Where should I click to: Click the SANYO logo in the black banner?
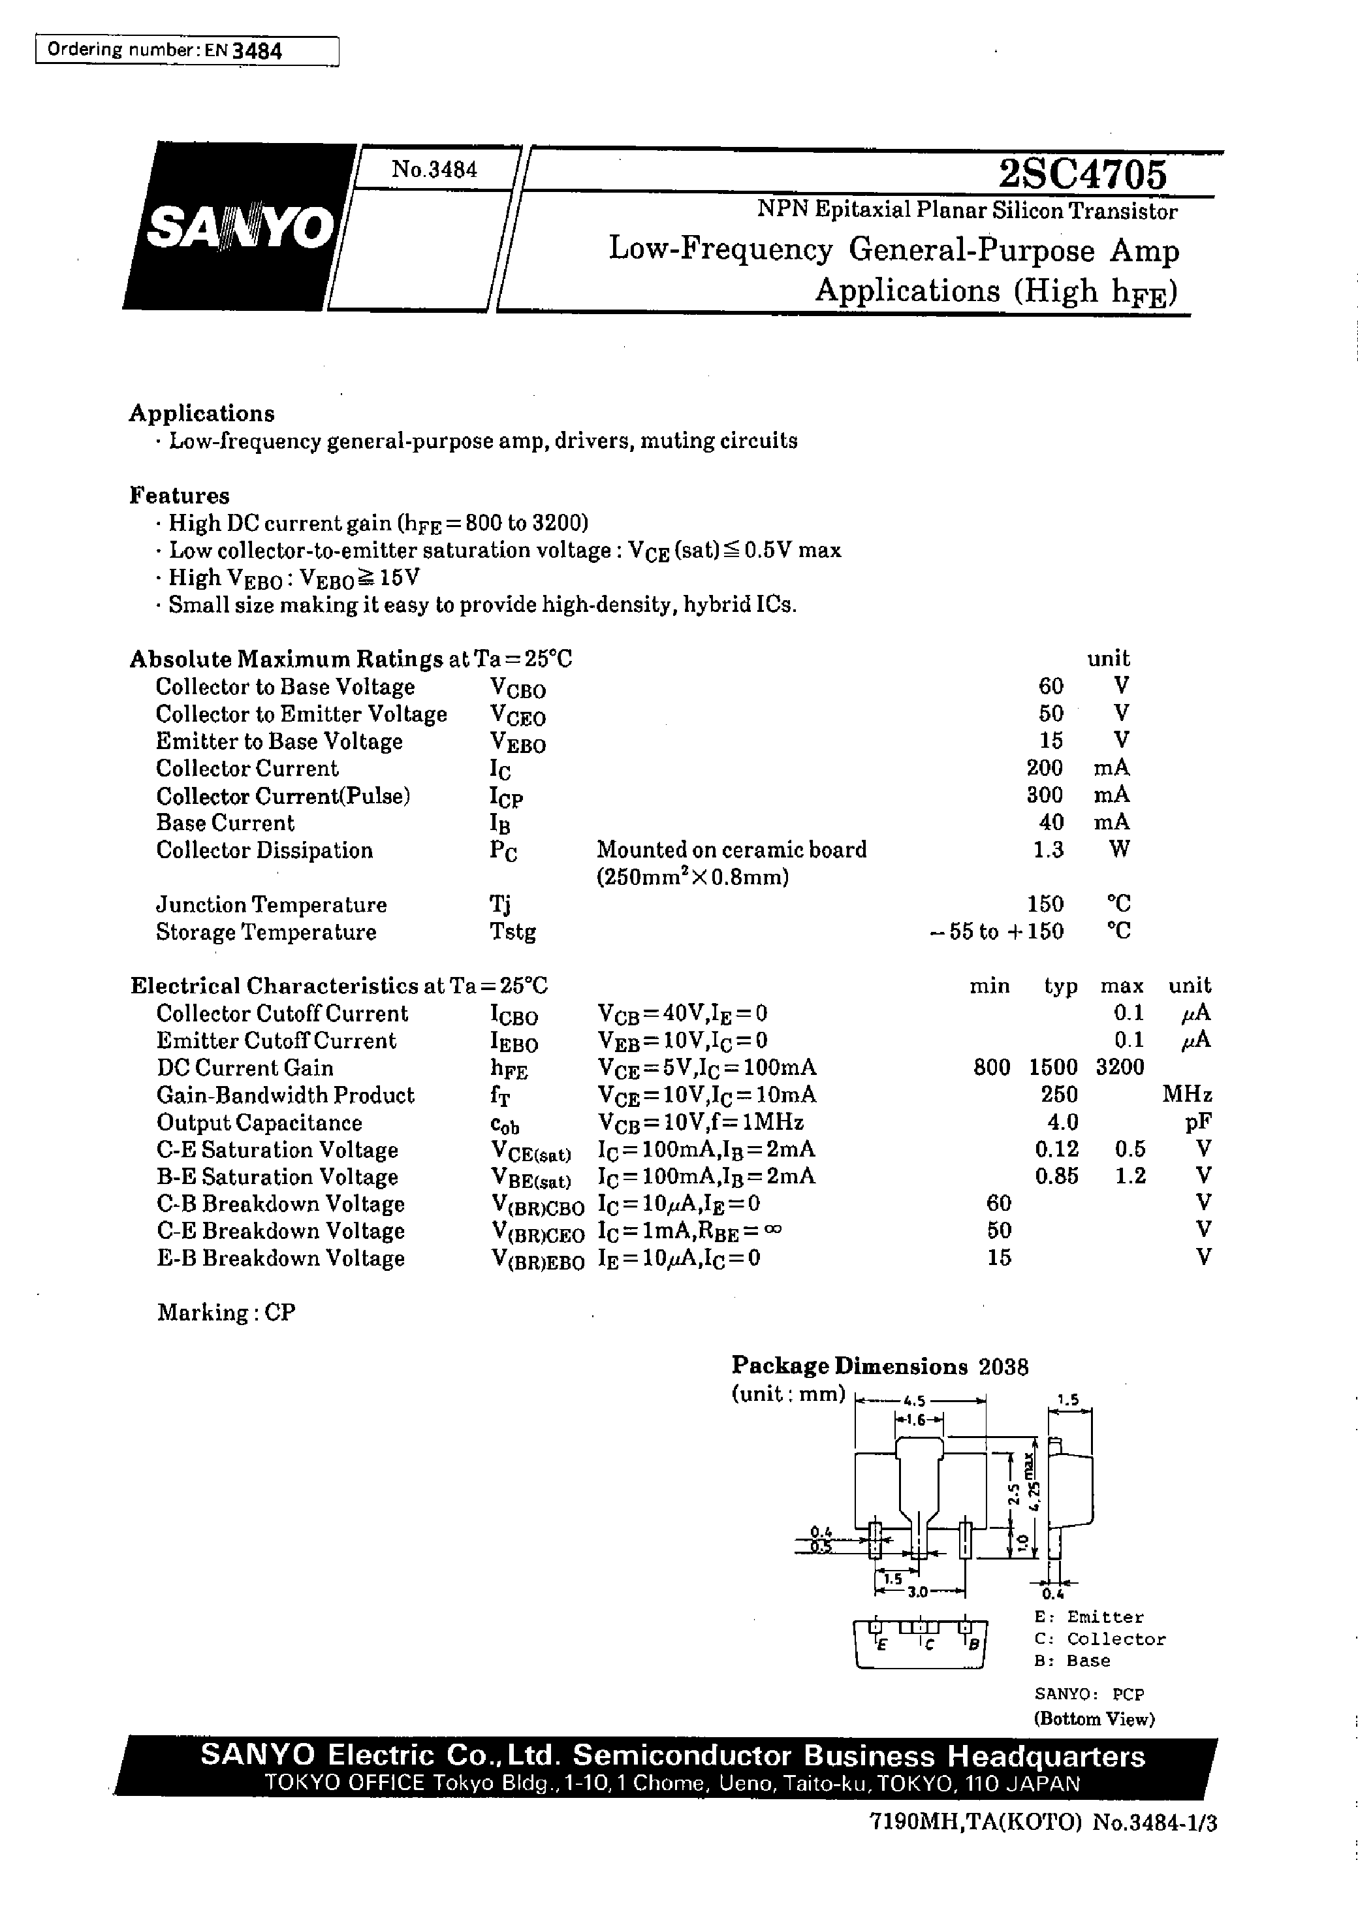[x=240, y=227]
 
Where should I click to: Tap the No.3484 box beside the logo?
[x=434, y=170]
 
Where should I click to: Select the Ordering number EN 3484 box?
[x=187, y=51]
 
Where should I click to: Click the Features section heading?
[x=179, y=495]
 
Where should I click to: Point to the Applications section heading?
[x=202, y=413]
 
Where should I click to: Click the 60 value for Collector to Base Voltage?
[x=1050, y=686]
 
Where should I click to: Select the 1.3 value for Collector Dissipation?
[x=1048, y=850]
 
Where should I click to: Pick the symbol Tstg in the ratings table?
[x=512, y=931]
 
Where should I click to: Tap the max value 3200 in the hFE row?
[x=1119, y=1068]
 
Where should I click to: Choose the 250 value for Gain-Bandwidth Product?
[x=1060, y=1095]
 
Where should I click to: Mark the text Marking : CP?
[x=226, y=1312]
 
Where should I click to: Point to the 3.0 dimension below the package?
[x=917, y=1592]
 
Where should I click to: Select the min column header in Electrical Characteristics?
[x=989, y=986]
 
